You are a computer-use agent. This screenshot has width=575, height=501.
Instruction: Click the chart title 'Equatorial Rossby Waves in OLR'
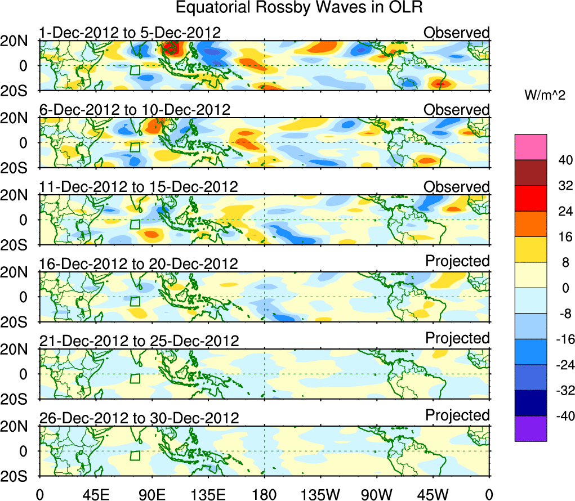(299, 8)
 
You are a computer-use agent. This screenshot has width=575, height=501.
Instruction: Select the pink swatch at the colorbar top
(530, 147)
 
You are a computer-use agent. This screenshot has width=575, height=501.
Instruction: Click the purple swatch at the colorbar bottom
(530, 428)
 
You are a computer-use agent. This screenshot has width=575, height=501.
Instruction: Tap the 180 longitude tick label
(264, 494)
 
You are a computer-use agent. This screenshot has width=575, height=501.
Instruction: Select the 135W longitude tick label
(320, 494)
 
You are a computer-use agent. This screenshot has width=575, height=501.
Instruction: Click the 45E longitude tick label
(95, 494)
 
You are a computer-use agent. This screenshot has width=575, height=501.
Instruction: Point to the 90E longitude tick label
(151, 494)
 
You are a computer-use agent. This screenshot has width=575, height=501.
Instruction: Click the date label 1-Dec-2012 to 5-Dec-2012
(130, 33)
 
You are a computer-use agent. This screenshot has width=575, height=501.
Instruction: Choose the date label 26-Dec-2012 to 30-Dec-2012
(139, 418)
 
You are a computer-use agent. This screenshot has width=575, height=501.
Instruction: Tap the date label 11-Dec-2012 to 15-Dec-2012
(139, 187)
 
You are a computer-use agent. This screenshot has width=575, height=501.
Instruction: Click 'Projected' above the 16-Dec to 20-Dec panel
(457, 261)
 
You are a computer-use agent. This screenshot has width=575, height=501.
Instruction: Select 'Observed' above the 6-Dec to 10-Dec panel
(457, 110)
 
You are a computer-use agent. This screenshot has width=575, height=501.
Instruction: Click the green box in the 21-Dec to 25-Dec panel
(135, 378)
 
